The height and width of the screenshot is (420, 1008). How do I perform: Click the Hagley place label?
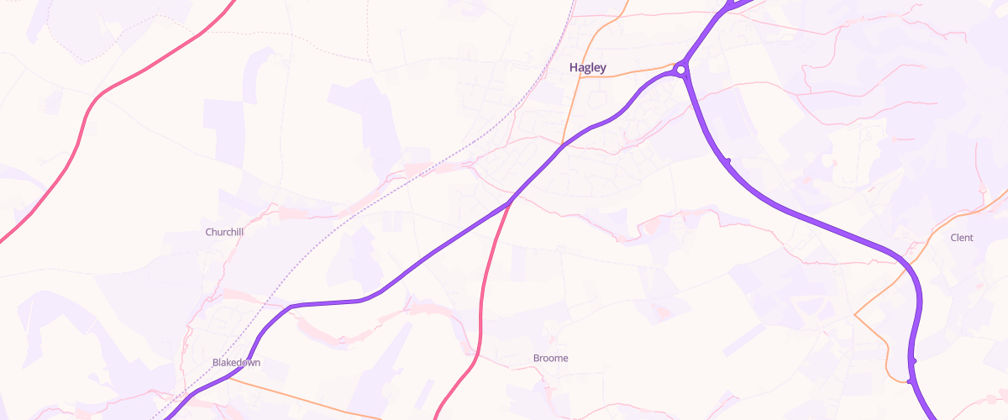[587, 68]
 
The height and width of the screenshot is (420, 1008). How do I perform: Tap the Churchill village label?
[224, 232]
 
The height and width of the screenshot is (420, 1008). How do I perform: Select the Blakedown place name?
[236, 363]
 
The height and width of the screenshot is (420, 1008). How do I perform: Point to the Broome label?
[550, 359]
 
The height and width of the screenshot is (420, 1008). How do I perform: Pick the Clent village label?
[961, 239]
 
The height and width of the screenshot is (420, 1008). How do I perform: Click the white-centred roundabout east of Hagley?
[681, 69]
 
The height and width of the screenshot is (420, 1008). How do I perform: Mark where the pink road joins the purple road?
[510, 202]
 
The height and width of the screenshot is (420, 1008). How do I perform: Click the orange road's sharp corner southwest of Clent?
[854, 315]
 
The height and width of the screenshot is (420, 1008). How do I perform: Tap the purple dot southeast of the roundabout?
[728, 160]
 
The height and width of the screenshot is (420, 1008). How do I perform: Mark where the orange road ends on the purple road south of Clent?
[910, 381]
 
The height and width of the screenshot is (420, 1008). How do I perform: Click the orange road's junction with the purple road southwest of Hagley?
[561, 145]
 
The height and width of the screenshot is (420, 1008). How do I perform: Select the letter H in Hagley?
[574, 68]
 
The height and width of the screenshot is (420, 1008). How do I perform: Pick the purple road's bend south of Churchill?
[290, 307]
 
